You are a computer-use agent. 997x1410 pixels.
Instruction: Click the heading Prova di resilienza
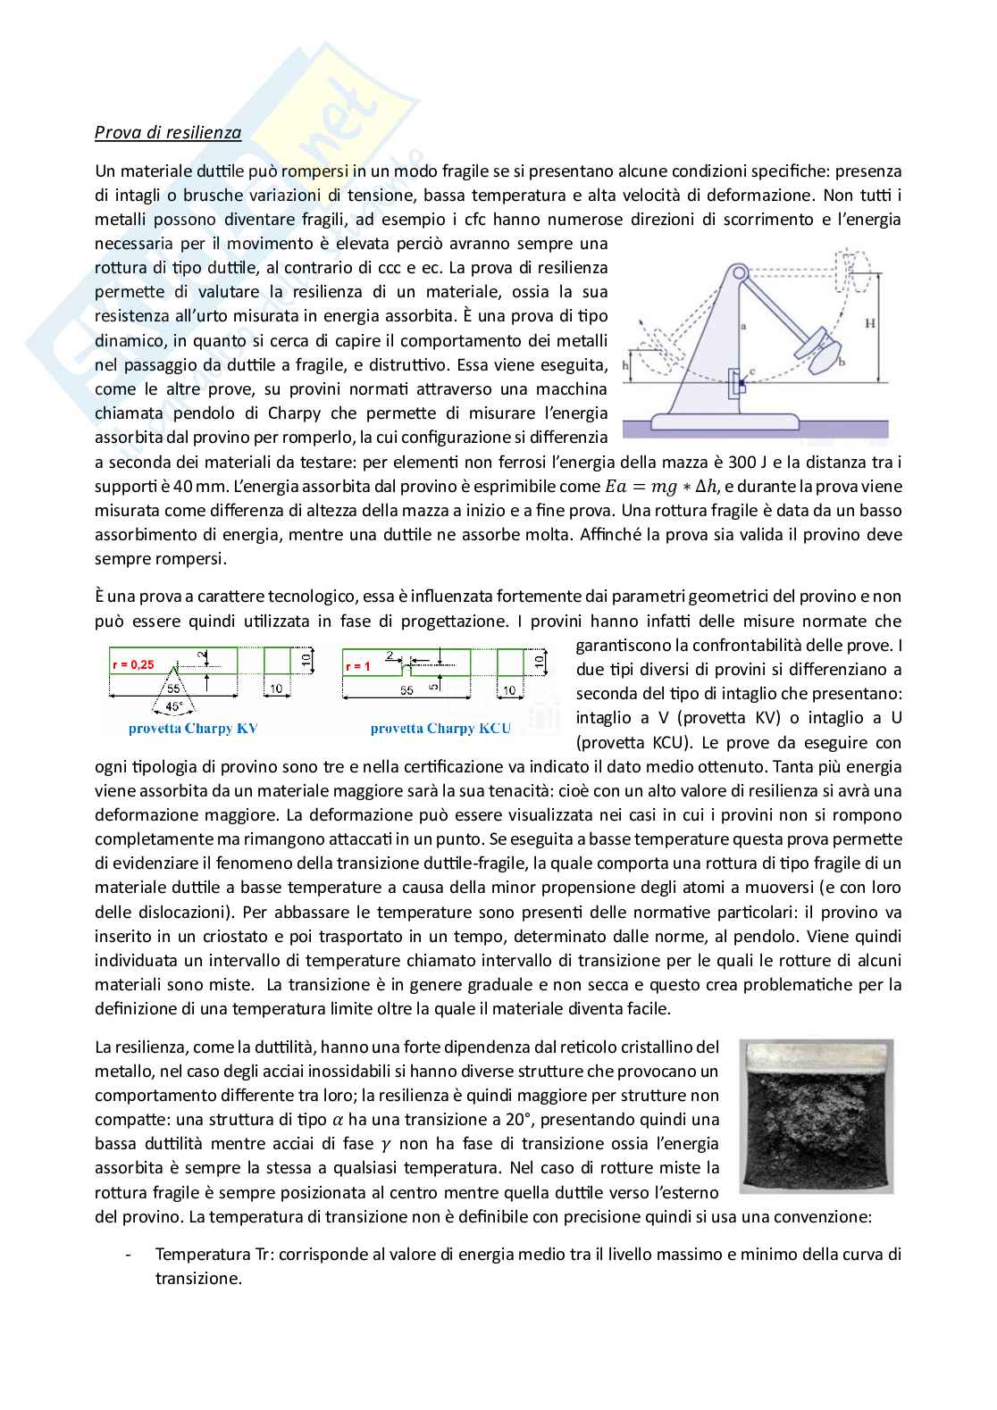(168, 133)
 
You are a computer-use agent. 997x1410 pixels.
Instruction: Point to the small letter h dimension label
(628, 365)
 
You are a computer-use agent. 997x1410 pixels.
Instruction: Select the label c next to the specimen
(752, 371)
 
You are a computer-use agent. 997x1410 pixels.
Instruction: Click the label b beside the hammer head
(841, 362)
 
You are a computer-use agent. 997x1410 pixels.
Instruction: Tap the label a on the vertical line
(743, 328)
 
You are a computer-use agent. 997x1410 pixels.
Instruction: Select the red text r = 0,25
(133, 664)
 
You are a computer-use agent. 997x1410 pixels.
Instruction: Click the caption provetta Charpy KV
(193, 728)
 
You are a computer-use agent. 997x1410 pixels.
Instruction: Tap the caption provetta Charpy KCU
(440, 728)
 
